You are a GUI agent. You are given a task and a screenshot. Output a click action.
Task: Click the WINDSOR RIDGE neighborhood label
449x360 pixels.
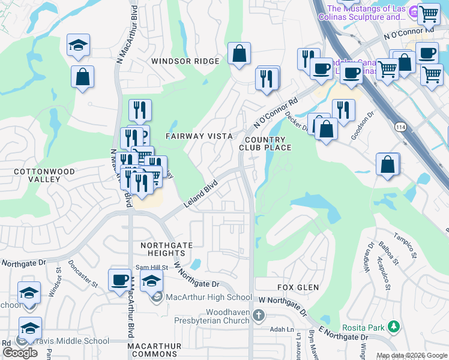[185, 61]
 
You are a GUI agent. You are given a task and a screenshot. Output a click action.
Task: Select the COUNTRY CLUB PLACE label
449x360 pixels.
[265, 143]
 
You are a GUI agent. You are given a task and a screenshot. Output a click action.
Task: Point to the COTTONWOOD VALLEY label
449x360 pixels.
[37, 175]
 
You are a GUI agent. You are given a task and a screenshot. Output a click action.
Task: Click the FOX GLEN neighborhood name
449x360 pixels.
[298, 287]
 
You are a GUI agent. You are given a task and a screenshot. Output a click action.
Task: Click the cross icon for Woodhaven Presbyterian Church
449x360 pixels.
[259, 315]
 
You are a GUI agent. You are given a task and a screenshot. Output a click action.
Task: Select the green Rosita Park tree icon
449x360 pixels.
[393, 327]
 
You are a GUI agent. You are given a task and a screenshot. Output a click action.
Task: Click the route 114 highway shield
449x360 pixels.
[400, 127]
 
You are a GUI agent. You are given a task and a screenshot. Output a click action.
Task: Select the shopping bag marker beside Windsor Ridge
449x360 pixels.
[239, 53]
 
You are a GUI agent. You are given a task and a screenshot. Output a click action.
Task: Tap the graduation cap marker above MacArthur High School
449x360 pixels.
[152, 280]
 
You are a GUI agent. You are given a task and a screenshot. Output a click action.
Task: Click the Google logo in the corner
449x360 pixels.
[20, 353]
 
